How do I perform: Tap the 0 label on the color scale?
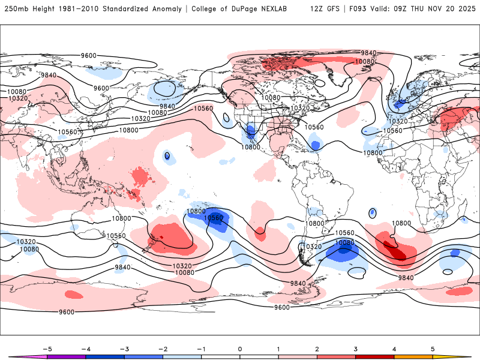click(x=240, y=349)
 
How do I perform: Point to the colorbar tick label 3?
click(x=355, y=349)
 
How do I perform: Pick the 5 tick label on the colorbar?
click(x=433, y=349)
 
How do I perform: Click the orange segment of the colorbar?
click(x=413, y=356)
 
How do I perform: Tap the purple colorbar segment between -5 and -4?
click(x=67, y=356)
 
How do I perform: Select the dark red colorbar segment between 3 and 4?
click(x=374, y=356)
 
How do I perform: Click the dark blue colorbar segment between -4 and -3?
click(x=105, y=356)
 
